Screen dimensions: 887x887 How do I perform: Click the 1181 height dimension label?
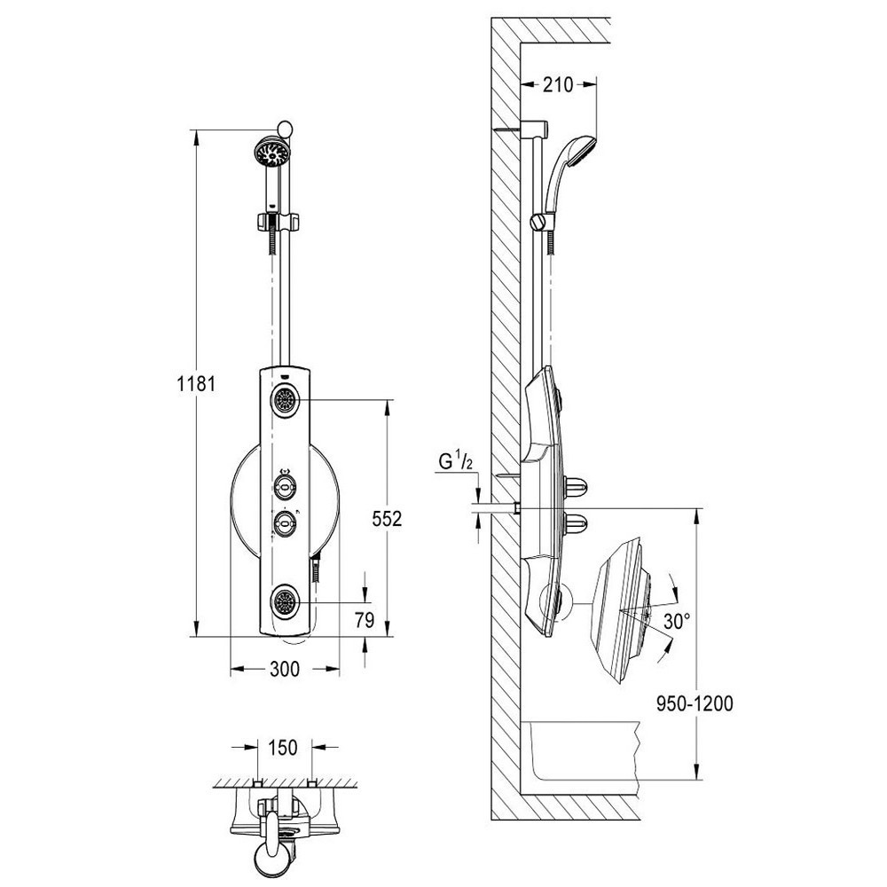[196, 384]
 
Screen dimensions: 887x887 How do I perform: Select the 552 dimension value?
[387, 519]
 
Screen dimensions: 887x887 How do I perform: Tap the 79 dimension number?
[365, 620]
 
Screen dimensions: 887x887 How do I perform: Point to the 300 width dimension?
[285, 669]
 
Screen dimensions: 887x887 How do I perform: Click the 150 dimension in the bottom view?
[283, 747]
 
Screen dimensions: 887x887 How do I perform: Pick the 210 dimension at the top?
[558, 85]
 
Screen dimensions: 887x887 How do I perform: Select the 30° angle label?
[677, 623]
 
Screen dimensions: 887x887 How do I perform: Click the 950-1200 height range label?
[695, 703]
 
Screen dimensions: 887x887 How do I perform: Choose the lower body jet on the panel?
[284, 603]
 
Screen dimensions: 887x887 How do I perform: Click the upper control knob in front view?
[284, 484]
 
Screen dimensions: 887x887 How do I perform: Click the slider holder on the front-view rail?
[277, 221]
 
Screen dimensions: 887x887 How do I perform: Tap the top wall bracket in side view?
[533, 129]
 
